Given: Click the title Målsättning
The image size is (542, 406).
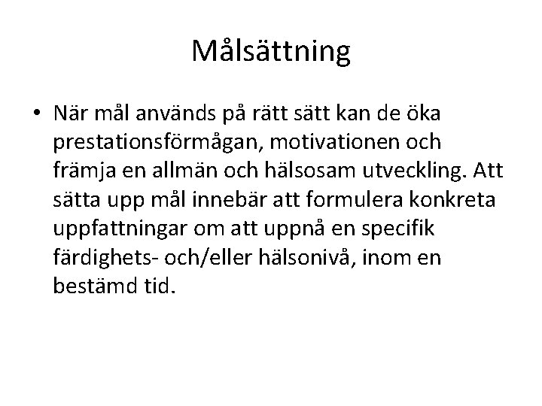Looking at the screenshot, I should tap(270, 52).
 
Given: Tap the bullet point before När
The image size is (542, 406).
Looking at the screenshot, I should tap(36, 114).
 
